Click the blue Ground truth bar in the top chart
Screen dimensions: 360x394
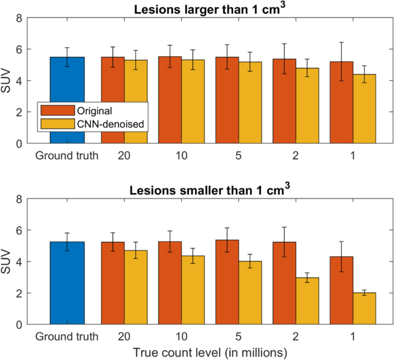[x=67, y=100]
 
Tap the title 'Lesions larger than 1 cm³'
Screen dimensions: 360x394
[x=210, y=9]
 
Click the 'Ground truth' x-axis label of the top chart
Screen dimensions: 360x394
[x=67, y=155]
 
